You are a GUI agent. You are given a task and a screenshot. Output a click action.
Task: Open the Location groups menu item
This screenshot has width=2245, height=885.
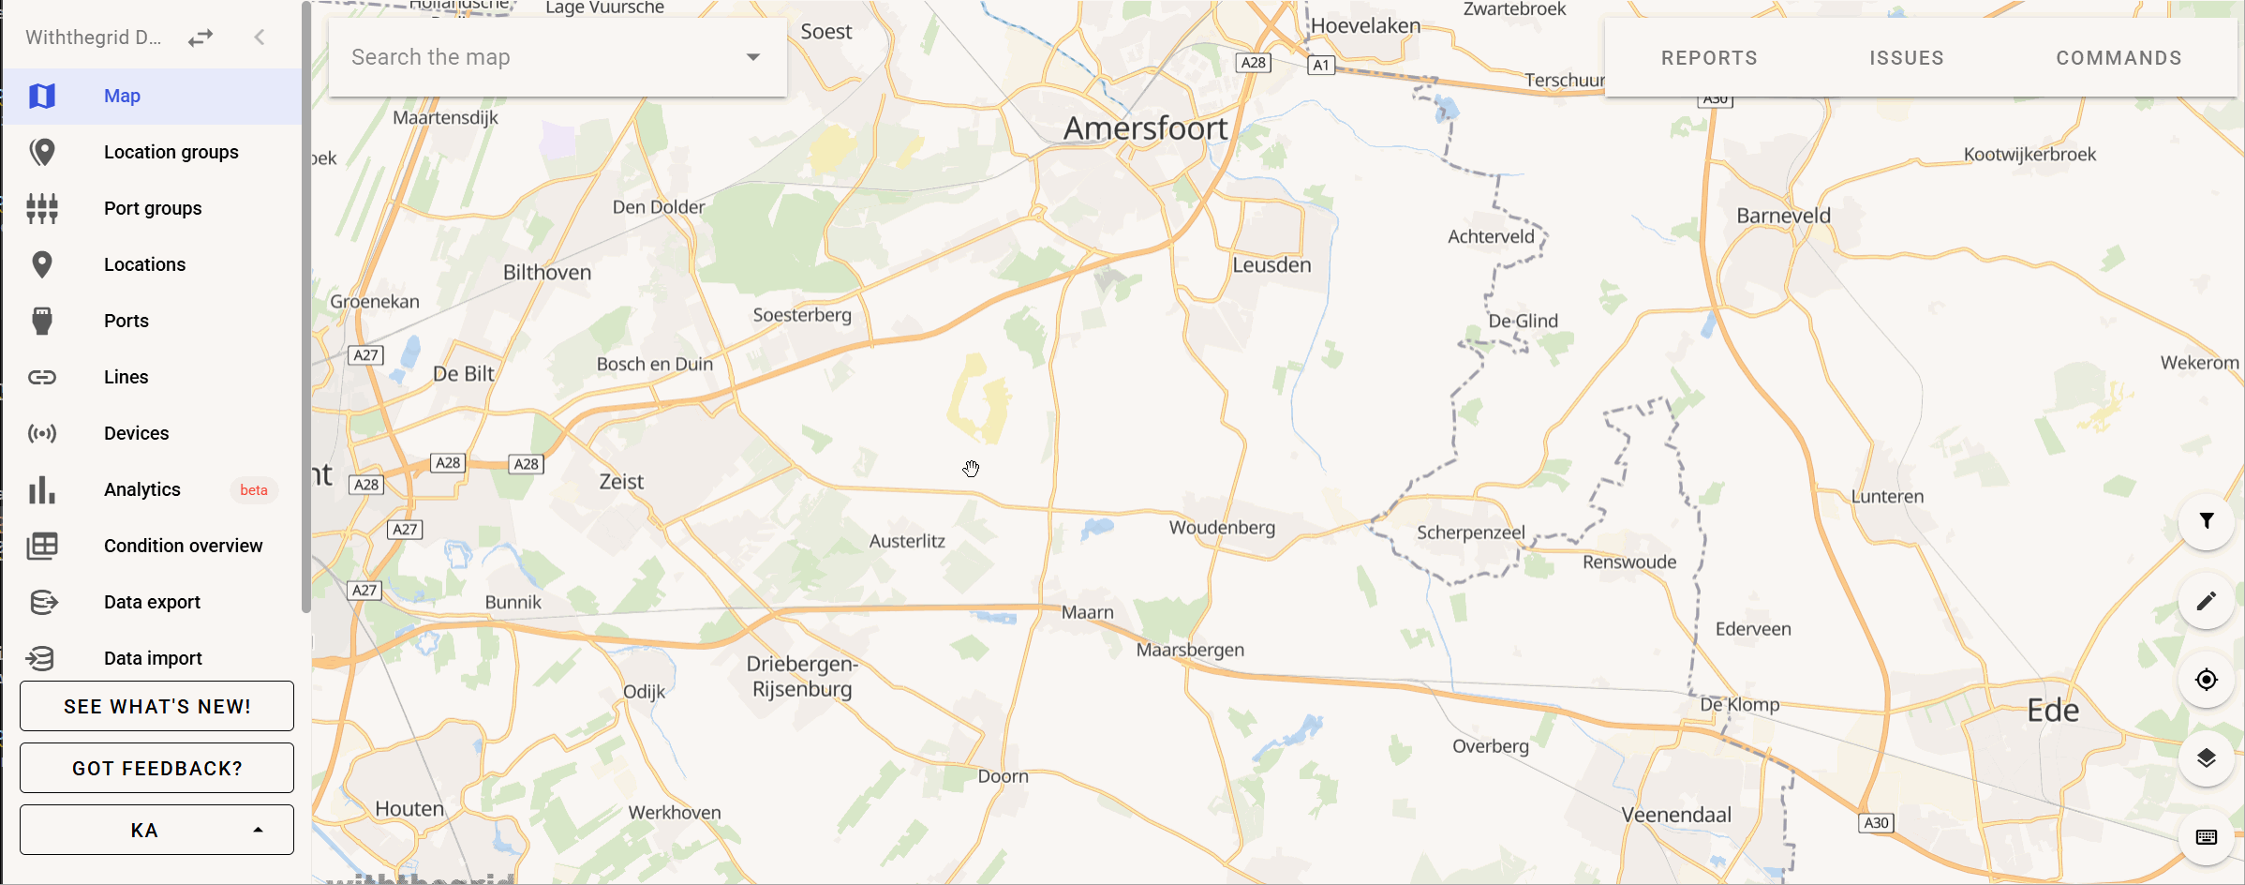pyautogui.click(x=171, y=152)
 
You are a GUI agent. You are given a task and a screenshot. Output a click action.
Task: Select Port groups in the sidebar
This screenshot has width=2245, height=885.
pyautogui.click(x=153, y=208)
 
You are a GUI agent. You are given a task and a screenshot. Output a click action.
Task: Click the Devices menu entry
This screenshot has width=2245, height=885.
pyautogui.click(x=136, y=433)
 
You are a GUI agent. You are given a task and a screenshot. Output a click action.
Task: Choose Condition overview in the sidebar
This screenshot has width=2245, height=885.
pyautogui.click(x=183, y=546)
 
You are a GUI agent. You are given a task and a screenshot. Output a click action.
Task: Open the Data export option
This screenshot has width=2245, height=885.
pyautogui.click(x=152, y=602)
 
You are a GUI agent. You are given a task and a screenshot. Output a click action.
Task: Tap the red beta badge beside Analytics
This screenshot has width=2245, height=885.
pyautogui.click(x=253, y=490)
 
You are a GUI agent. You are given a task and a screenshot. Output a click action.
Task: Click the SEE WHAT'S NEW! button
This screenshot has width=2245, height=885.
pyautogui.click(x=156, y=706)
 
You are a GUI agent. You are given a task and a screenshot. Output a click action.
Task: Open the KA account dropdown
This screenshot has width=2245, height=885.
pyautogui.click(x=156, y=830)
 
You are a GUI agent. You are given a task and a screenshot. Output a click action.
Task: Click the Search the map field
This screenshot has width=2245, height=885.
pyautogui.click(x=543, y=57)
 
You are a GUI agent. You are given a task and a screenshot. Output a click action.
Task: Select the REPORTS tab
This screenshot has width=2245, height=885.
pyautogui.click(x=1709, y=58)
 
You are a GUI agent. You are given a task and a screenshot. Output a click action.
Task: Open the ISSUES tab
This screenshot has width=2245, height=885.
pyautogui.click(x=1906, y=58)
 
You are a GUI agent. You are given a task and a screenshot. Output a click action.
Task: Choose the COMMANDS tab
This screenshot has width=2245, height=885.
pyautogui.click(x=2119, y=58)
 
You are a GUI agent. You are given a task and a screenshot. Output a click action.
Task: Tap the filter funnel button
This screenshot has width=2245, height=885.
pyautogui.click(x=2207, y=521)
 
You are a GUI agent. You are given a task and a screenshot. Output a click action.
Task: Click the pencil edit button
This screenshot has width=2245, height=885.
pyautogui.click(x=2207, y=600)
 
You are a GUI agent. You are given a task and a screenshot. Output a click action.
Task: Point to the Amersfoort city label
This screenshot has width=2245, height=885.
pyautogui.click(x=1145, y=128)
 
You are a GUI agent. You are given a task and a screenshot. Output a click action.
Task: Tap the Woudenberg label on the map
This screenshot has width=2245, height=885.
pyautogui.click(x=1222, y=528)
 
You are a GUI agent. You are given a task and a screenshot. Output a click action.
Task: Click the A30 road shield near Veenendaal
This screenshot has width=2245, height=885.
pyautogui.click(x=1876, y=823)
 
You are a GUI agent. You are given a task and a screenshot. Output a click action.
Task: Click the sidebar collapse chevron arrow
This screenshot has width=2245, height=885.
pyautogui.click(x=260, y=37)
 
